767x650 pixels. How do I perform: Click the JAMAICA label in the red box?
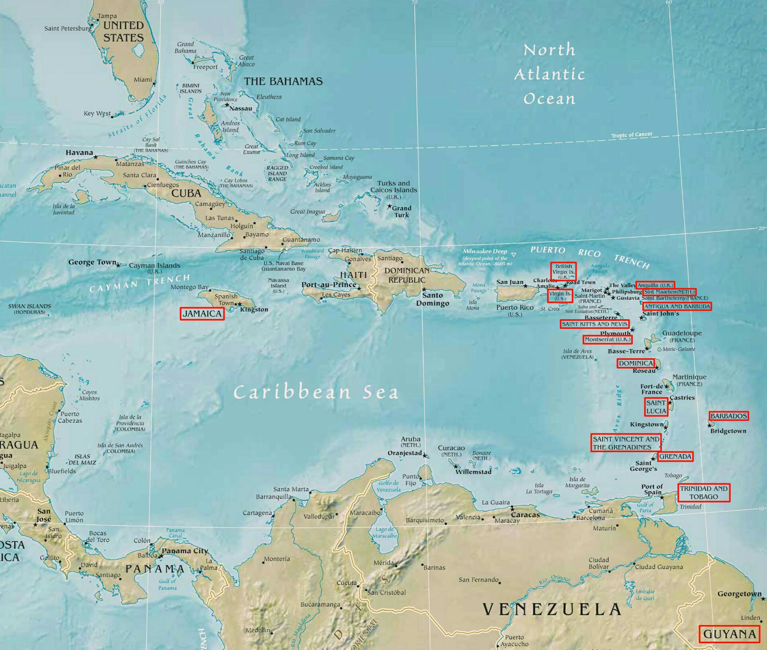(202, 314)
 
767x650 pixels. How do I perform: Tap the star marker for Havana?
(96, 157)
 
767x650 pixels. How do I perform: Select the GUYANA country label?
(729, 634)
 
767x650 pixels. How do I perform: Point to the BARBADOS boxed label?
(728, 416)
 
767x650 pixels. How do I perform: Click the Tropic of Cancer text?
(632, 135)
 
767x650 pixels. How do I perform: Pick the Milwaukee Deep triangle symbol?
(514, 255)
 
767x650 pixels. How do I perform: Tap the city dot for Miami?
(154, 84)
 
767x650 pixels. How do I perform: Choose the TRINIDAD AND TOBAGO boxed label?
(704, 492)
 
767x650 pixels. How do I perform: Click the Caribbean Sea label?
(316, 392)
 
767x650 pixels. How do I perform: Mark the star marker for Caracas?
(512, 508)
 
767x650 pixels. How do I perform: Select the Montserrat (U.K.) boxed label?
(607, 340)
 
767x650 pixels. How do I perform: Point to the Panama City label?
(185, 551)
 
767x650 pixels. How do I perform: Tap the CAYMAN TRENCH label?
(139, 283)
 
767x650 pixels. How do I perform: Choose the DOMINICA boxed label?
(636, 363)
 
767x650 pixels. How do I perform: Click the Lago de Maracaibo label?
(384, 532)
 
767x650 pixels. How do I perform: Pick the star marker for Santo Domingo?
(424, 289)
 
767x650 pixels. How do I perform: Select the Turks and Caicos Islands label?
(393, 187)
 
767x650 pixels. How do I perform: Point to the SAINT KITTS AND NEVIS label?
(594, 324)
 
